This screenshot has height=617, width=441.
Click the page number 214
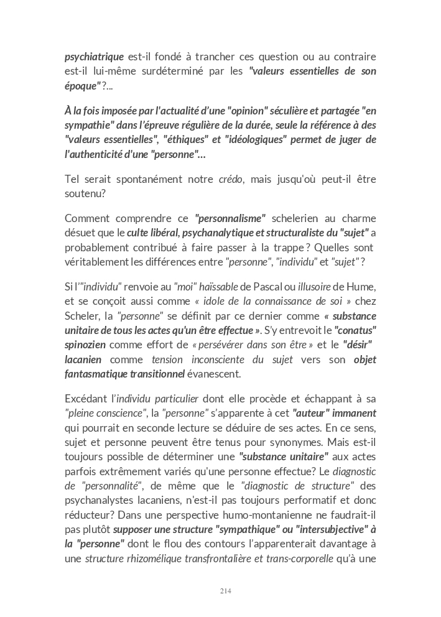[226, 591]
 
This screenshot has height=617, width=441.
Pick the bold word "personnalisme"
[230, 218]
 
